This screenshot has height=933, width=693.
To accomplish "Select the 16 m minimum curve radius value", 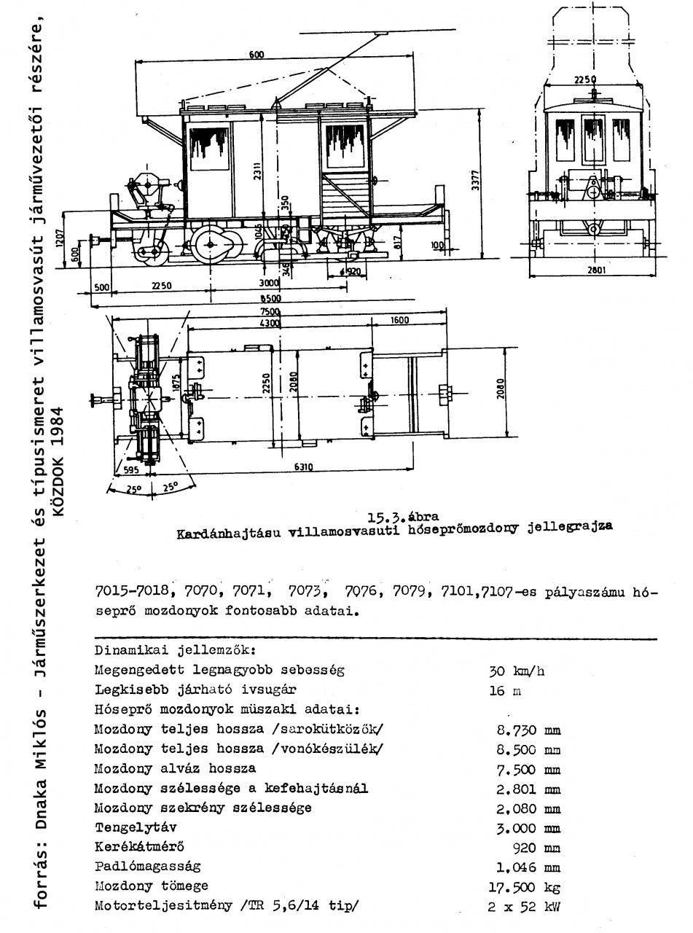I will click(502, 689).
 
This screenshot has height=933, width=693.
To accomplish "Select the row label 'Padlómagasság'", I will click(147, 867).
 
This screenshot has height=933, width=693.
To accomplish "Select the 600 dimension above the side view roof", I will click(256, 55).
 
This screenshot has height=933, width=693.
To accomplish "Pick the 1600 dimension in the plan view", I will click(399, 321).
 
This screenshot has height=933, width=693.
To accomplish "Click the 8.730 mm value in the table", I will click(527, 729).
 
